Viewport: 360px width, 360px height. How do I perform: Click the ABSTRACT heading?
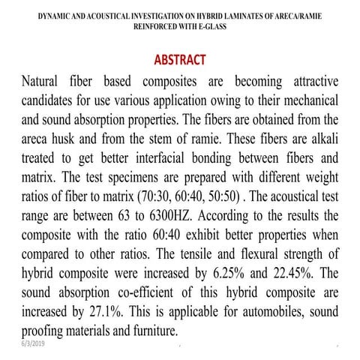tap(180, 59)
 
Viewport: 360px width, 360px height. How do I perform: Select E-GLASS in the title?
tap(211, 25)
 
